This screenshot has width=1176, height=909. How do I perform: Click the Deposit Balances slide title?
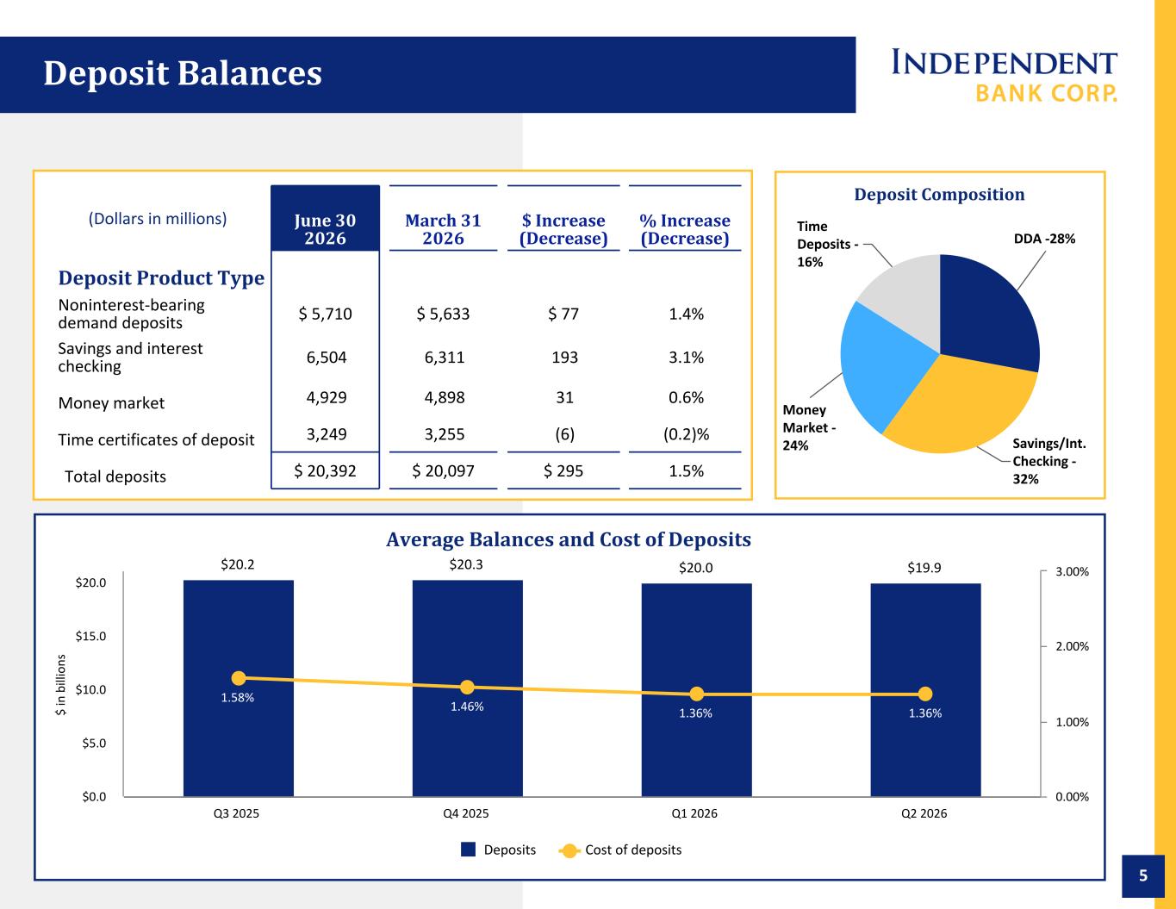[x=183, y=73]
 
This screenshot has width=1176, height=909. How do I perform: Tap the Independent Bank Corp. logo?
[x=1004, y=76]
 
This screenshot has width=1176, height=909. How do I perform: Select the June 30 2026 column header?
[x=325, y=229]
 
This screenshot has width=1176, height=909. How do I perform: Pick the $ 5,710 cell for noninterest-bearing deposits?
[x=325, y=314]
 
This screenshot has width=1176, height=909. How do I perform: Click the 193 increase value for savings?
[x=564, y=357]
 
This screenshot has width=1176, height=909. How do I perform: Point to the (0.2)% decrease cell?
[x=686, y=434]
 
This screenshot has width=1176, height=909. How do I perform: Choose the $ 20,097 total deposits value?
[x=443, y=470]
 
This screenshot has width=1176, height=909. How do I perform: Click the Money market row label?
[x=111, y=403]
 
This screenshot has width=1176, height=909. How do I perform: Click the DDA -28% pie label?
[x=1044, y=239]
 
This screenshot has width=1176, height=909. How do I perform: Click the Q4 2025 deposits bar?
[x=467, y=688]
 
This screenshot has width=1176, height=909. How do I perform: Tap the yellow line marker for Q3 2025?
[x=239, y=678]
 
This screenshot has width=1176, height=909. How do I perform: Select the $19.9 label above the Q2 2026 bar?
[x=924, y=568]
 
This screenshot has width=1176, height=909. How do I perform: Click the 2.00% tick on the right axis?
[x=1072, y=646]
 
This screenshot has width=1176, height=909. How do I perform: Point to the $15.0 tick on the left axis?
[x=91, y=636]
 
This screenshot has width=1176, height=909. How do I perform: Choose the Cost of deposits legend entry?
[x=620, y=850]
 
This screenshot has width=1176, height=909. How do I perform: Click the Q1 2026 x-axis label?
[x=694, y=813]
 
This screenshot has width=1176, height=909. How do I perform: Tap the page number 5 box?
[x=1143, y=876]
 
